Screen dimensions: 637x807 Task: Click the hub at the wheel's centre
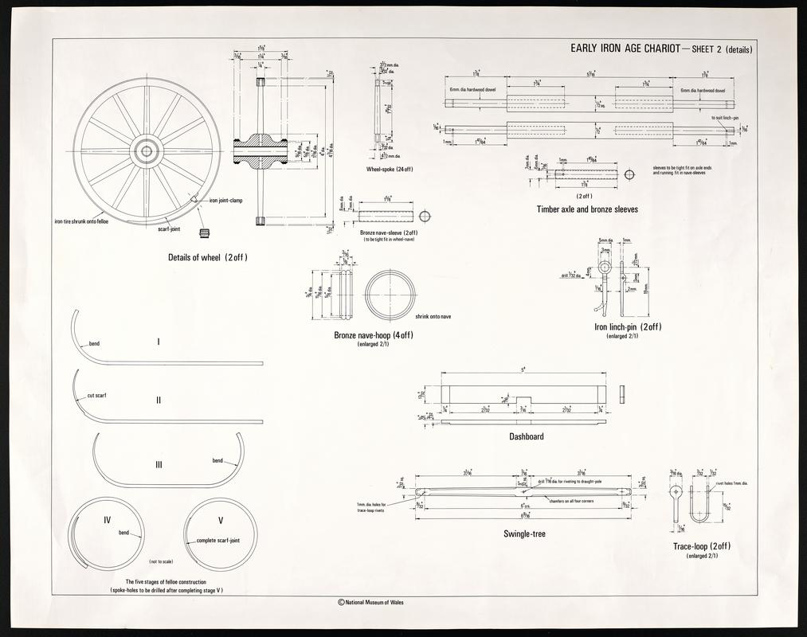click(x=147, y=150)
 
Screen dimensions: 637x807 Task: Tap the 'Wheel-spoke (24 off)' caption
click(x=390, y=170)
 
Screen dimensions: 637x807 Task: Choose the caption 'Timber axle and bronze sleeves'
click(x=587, y=210)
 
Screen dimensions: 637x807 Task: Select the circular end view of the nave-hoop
click(x=390, y=295)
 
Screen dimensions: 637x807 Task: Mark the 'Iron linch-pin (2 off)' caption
click(x=629, y=326)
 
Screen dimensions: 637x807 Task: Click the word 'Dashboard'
click(x=527, y=436)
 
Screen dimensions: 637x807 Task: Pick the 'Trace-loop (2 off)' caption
click(x=702, y=545)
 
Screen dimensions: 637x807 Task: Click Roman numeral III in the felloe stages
click(x=159, y=465)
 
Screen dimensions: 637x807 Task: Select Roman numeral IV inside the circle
click(x=107, y=520)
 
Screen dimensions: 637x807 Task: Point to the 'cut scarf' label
click(x=96, y=395)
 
